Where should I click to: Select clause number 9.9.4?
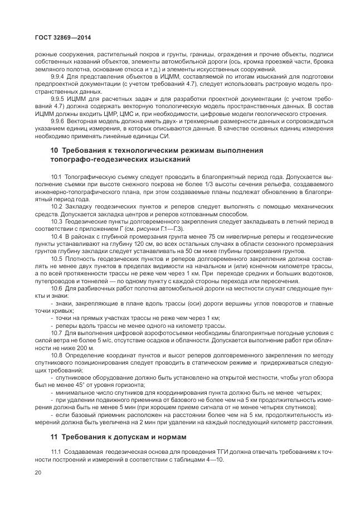[x=58, y=76]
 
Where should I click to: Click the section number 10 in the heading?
[x=54, y=151]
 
